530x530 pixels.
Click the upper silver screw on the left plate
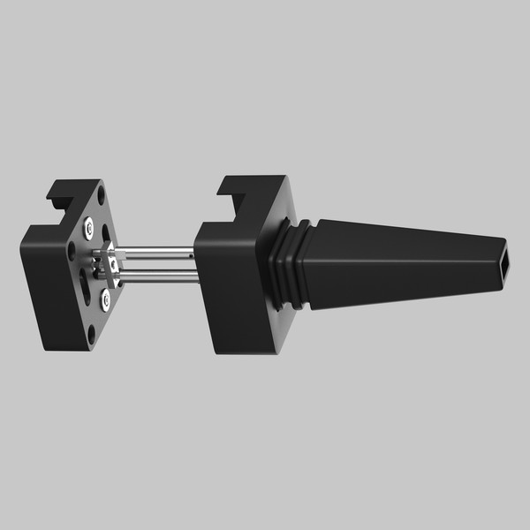point(89,230)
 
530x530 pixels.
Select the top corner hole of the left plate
point(102,199)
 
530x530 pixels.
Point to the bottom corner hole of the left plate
point(93,334)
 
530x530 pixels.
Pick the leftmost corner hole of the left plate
point(72,249)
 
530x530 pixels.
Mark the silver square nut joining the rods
point(112,262)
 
